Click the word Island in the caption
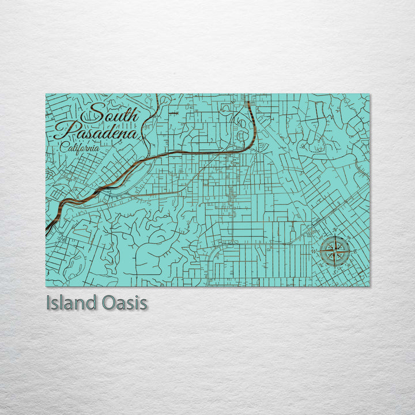coord(71,303)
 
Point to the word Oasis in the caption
coord(123,303)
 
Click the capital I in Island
coord(48,303)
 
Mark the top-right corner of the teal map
coord(369,94)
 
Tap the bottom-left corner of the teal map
coord(46,286)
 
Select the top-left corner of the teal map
coord(46,94)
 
